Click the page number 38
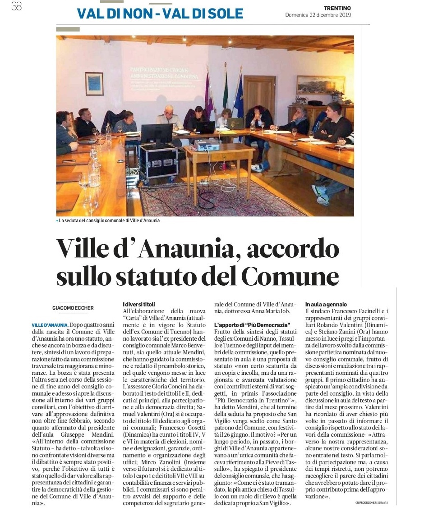16,7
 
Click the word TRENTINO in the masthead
337,8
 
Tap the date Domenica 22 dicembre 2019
318,15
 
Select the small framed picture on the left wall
94,84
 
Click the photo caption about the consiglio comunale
108,221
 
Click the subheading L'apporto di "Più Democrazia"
252,324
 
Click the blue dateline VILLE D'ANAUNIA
50,325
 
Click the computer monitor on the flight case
157,133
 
